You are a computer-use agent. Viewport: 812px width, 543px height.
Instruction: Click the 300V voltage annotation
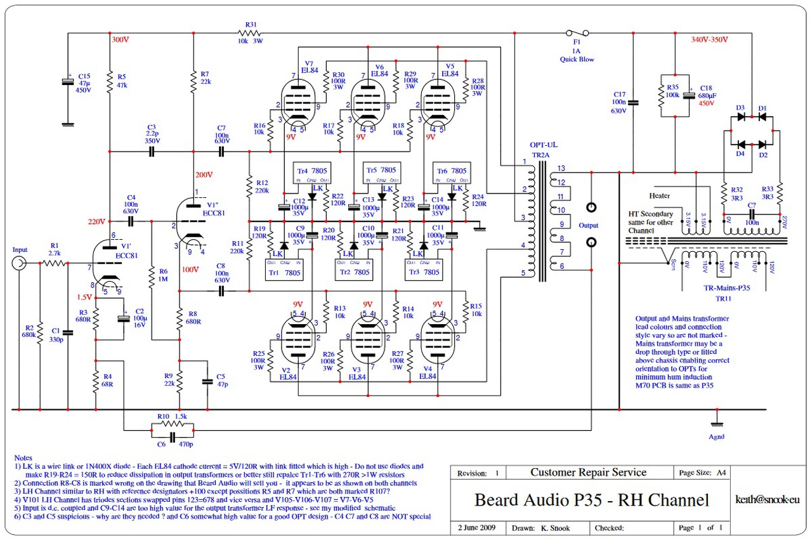pyautogui.click(x=120, y=39)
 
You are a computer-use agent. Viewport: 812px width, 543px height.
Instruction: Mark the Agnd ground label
pyautogui.click(x=716, y=436)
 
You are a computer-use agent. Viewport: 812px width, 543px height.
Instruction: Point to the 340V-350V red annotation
pyautogui.click(x=709, y=39)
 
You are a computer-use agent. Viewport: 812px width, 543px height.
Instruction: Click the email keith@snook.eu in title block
pyautogui.click(x=766, y=500)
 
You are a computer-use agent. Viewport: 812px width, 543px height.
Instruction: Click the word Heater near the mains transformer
pyautogui.click(x=659, y=195)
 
